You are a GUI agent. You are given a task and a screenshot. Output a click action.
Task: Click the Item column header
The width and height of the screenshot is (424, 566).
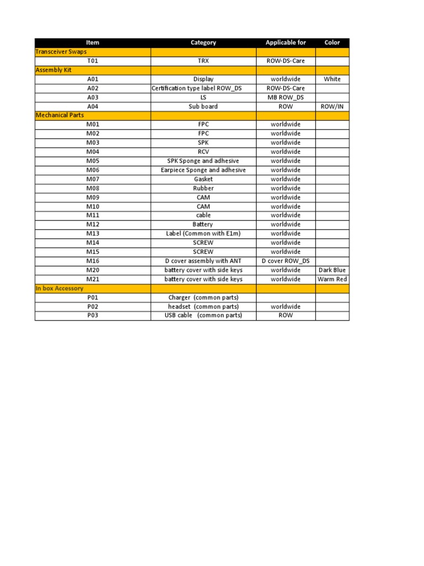[93, 43]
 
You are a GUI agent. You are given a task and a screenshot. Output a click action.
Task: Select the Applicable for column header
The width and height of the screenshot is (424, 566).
[285, 43]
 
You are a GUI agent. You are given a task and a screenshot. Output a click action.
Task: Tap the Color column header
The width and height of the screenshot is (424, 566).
[332, 43]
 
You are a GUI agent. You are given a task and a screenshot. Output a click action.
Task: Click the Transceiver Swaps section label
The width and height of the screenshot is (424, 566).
[61, 51]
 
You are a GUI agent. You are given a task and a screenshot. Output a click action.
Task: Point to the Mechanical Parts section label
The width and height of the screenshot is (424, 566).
[60, 116]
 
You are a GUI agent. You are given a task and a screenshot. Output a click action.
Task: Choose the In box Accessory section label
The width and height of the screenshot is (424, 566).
[60, 289]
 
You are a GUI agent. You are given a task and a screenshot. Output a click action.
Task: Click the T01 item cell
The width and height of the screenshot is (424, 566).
[93, 61]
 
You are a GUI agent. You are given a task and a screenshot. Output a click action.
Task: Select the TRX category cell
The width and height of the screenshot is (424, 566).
[203, 61]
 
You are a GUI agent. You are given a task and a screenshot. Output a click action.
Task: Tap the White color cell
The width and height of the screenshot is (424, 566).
[332, 79]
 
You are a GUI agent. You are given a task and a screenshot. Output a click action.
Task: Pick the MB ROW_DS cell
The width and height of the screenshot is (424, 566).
[285, 97]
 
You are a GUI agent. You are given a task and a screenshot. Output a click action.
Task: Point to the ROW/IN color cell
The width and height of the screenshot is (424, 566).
[332, 107]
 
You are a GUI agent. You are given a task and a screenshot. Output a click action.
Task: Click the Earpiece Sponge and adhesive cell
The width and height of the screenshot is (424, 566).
[203, 170]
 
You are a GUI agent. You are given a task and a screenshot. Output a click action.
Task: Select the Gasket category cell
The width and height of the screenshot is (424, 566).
[203, 179]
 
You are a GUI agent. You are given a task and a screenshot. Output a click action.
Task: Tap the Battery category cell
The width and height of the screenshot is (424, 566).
[203, 224]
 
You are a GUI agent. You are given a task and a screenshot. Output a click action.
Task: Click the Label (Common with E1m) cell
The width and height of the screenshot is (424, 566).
[203, 234]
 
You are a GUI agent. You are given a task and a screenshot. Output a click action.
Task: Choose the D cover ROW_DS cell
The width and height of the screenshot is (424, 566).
[285, 261]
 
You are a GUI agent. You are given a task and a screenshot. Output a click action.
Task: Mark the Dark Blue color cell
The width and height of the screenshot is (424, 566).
[332, 270]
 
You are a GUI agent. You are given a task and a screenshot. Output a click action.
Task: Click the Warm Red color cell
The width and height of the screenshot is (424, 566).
[332, 279]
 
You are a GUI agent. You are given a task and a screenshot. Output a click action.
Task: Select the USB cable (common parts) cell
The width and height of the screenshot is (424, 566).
[203, 316]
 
